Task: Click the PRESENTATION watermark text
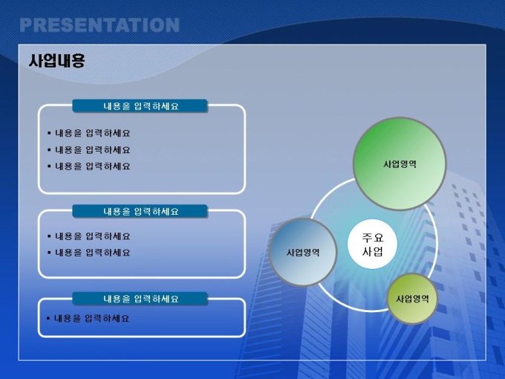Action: point(100,25)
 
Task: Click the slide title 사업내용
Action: point(56,60)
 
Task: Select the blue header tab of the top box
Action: point(140,106)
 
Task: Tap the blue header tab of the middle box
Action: point(140,211)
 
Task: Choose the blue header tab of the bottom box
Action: point(140,299)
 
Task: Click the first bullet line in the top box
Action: point(89,133)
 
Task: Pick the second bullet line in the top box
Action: point(89,150)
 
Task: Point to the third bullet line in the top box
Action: point(89,166)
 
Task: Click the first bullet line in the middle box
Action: point(89,236)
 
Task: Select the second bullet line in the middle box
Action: point(89,253)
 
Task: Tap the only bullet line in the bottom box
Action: point(88,319)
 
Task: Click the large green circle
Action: point(400,163)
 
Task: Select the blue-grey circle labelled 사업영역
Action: point(303,252)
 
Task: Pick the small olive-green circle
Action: point(412,299)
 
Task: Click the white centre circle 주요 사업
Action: point(372,244)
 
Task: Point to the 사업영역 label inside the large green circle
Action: point(400,164)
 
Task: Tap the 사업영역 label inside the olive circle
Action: point(412,299)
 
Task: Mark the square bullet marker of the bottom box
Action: point(48,318)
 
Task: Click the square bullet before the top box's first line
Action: point(49,132)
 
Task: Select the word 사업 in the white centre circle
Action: point(373,251)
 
